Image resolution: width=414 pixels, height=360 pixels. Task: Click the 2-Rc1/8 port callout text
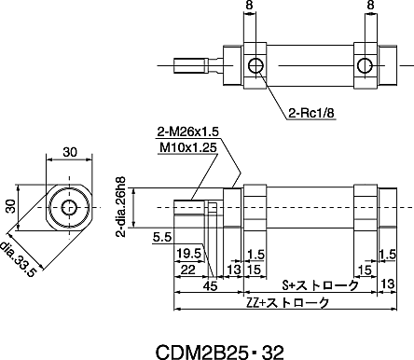(311, 113)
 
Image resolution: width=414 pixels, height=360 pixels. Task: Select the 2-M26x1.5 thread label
(187, 132)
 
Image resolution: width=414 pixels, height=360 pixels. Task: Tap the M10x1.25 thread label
(187, 147)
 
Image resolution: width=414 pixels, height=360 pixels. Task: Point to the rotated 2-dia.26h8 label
(121, 207)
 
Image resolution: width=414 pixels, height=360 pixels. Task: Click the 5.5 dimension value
(162, 238)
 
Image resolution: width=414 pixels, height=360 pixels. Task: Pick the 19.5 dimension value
(188, 254)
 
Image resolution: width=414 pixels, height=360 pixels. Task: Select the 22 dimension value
(187, 270)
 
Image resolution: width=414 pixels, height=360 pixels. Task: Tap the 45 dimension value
(210, 286)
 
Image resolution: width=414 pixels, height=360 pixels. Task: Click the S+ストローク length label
(320, 285)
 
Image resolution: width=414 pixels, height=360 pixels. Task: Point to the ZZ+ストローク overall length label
(287, 302)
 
